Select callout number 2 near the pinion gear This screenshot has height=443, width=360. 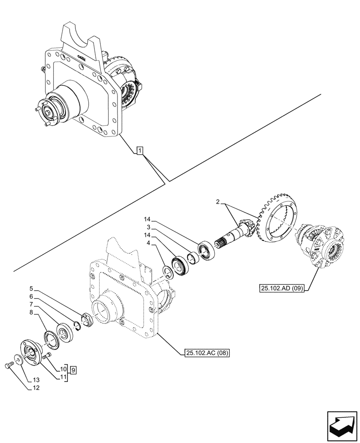pyautogui.click(x=219, y=202)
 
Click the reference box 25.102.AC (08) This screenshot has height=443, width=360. pyautogui.click(x=207, y=353)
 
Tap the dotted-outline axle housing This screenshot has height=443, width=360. pyautogui.click(x=124, y=301)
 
